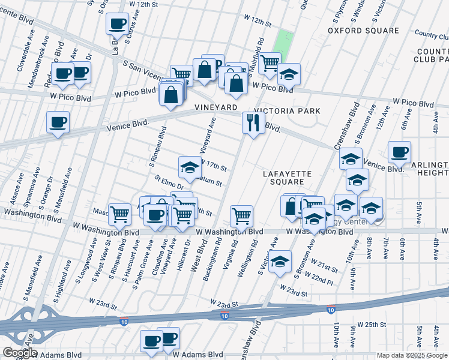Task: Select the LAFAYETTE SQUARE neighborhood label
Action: point(288,178)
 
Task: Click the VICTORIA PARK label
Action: point(287,111)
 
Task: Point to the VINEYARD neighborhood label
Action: point(214,107)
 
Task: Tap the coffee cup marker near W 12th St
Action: point(117,24)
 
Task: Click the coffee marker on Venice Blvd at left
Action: point(58,122)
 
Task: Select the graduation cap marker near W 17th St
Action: point(190,167)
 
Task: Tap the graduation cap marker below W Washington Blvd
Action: point(280,262)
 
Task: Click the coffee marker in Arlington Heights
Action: point(399,152)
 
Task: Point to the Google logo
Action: point(19,353)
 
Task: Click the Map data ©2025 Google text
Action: point(412,355)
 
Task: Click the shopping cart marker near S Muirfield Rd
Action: point(270,62)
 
